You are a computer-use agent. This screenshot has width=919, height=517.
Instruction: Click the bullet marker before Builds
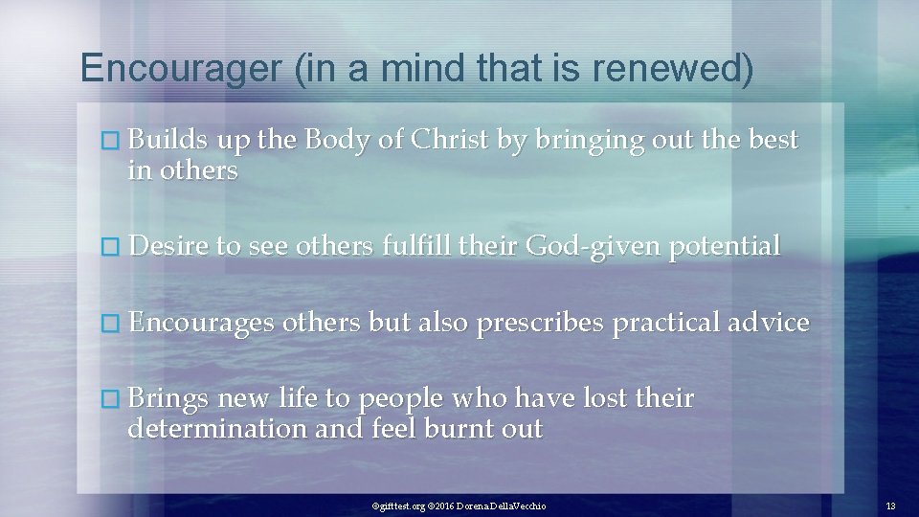pos(114,141)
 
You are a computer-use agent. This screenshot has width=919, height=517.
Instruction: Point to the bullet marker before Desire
pos(114,247)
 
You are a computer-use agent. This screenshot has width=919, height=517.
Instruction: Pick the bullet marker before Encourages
pos(114,323)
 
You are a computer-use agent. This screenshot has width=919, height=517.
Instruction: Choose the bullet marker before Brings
pos(114,398)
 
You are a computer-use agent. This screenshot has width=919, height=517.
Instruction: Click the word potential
pos(725,246)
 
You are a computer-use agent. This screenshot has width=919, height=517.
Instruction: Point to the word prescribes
pos(540,323)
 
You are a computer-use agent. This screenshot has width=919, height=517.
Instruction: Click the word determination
pos(217,428)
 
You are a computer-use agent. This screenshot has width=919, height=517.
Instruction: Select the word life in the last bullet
pos(295,398)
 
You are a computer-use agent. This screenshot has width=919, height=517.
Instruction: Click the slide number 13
pos(890,506)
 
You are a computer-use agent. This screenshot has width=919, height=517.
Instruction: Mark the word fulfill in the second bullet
pos(416,246)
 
